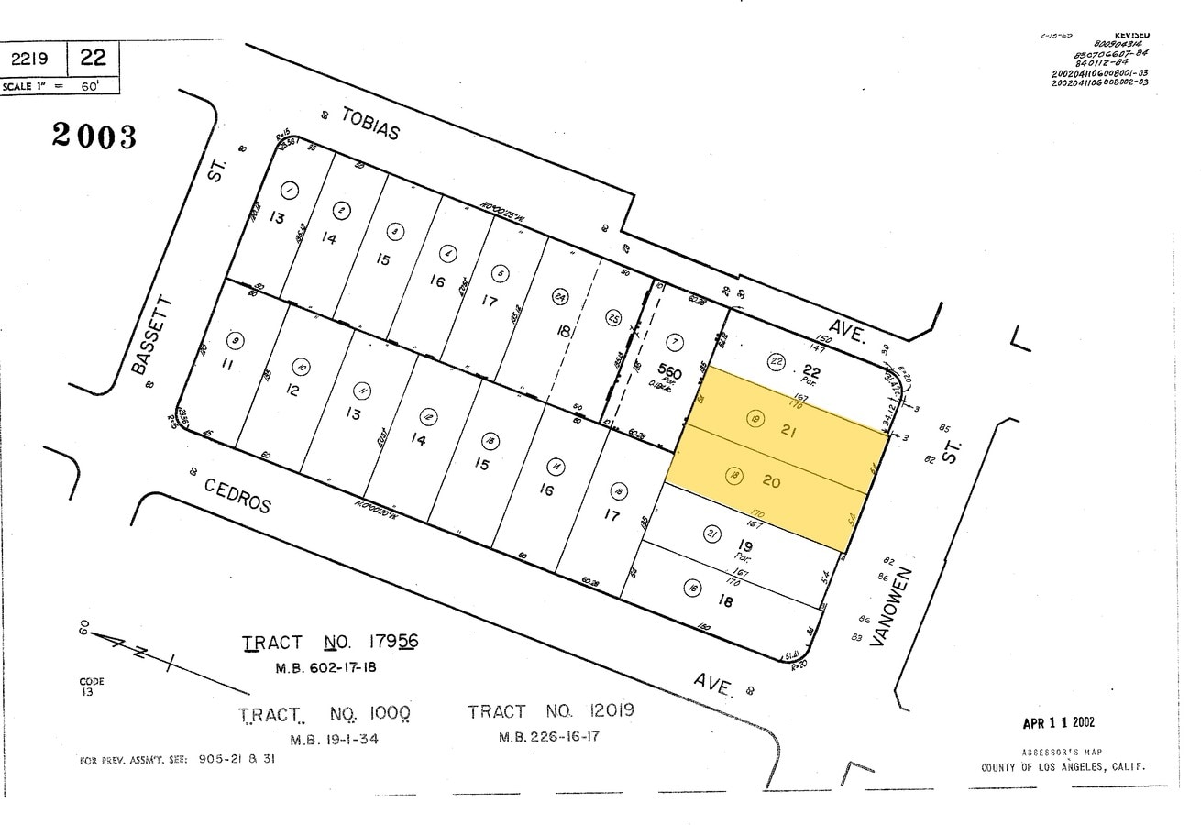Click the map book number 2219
click(x=36, y=59)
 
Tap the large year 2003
click(x=94, y=136)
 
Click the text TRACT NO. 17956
click(x=330, y=643)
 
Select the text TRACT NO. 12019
click(x=550, y=711)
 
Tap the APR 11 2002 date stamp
click(x=1058, y=723)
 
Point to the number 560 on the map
click(x=670, y=373)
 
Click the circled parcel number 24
click(x=559, y=296)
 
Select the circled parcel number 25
click(x=613, y=318)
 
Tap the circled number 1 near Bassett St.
click(x=290, y=191)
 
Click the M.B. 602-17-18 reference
click(x=326, y=667)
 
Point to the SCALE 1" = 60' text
click(x=60, y=85)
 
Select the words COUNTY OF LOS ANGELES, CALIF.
click(x=1063, y=767)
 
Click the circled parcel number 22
click(x=777, y=360)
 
